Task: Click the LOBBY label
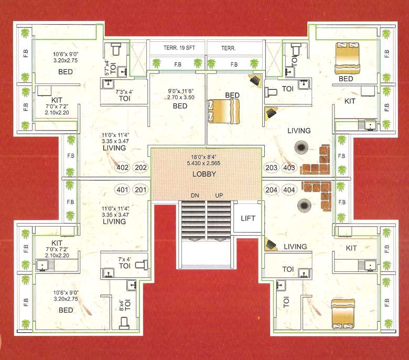click(204, 174)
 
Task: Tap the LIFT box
click(247, 218)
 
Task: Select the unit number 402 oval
click(122, 168)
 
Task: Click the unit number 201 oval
click(141, 189)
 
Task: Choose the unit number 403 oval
click(289, 168)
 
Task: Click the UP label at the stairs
click(219, 196)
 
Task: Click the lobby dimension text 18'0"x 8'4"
click(204, 156)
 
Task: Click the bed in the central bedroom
click(223, 111)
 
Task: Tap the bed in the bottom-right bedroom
click(343, 313)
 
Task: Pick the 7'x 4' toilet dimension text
click(125, 259)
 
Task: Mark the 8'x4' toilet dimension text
click(121, 304)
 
